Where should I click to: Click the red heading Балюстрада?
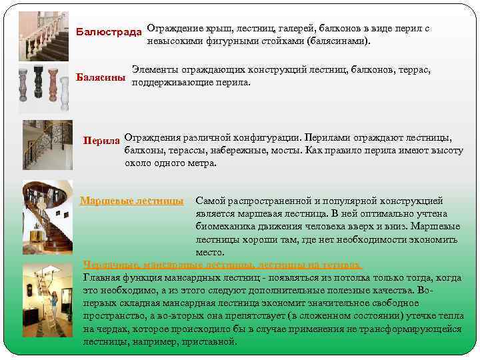(109, 32)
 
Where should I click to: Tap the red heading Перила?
(101, 141)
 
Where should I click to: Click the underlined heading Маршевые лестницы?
(132, 201)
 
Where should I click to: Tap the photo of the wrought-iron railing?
(47, 145)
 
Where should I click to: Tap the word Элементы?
(155, 70)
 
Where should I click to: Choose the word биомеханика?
(226, 227)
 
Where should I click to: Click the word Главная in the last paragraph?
(102, 277)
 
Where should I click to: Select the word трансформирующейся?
(417, 329)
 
